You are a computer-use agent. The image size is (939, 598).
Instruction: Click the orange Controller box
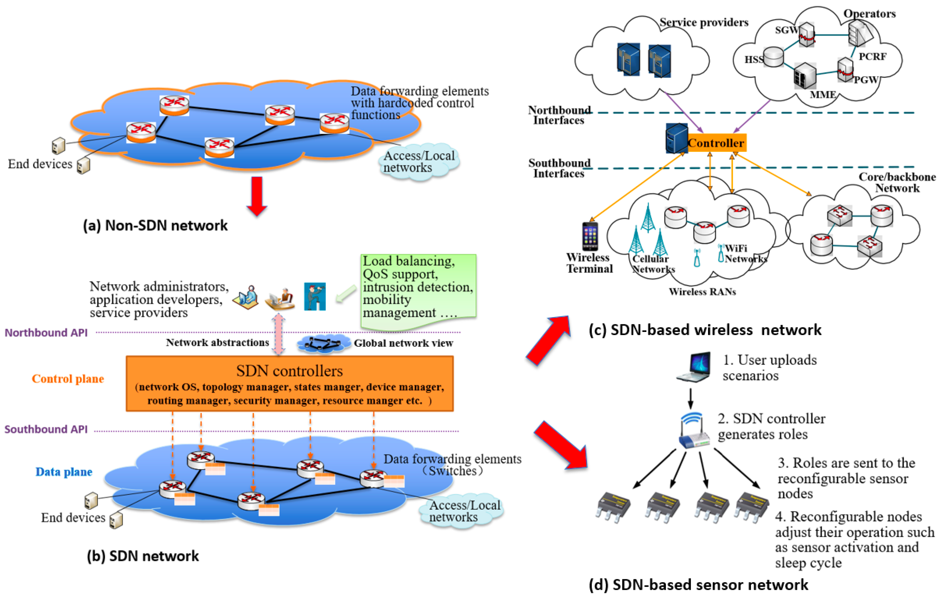click(x=716, y=143)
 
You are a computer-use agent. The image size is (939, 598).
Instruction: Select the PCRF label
click(x=872, y=57)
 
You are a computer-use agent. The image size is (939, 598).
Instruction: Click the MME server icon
click(x=805, y=76)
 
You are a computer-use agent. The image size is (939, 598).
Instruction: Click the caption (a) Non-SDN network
click(x=155, y=225)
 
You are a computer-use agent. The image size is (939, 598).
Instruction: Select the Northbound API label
click(x=46, y=332)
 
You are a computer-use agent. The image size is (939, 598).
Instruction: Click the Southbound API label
click(x=46, y=429)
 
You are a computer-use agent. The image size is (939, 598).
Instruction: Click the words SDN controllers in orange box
click(x=289, y=371)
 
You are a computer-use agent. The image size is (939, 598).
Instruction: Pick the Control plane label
click(x=68, y=378)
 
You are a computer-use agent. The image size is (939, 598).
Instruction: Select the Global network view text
click(x=403, y=343)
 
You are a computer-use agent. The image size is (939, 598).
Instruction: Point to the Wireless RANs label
click(x=702, y=291)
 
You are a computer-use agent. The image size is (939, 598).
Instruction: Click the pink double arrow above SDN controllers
click(x=278, y=334)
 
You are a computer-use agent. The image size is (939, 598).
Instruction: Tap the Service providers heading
click(x=704, y=22)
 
